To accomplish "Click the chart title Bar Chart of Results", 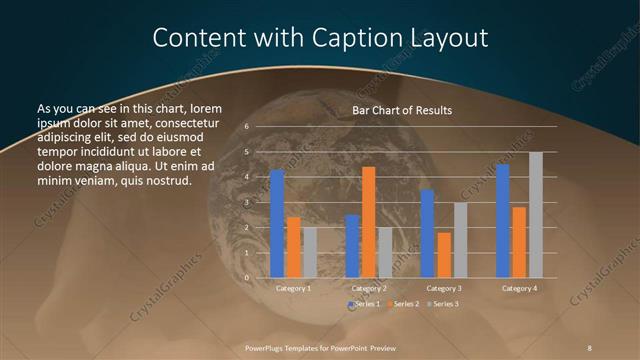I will point(402,110).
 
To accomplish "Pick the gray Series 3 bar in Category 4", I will point(536,215).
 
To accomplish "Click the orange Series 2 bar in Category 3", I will point(444,255).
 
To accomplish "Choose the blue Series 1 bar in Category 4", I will point(502,221).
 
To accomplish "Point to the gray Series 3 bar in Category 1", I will point(310,252).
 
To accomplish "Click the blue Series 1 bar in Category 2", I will point(352,246).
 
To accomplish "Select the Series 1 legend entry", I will point(366,303).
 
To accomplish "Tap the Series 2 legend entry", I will point(403,303).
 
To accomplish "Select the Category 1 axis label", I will point(294,288).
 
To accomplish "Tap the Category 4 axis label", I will point(519,288).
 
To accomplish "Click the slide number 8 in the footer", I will point(590,346).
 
